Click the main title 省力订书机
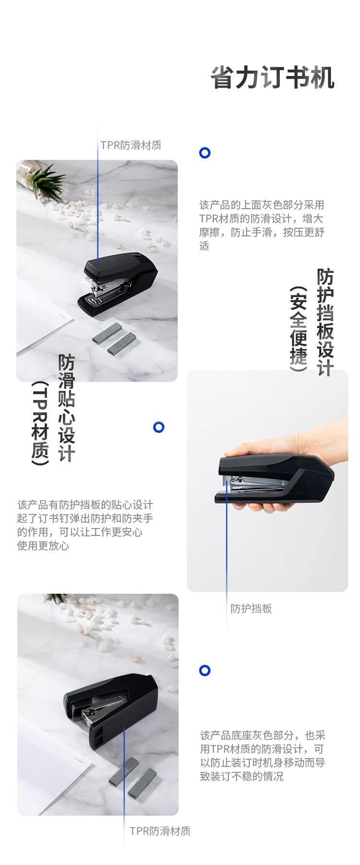273,78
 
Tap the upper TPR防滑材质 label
131,145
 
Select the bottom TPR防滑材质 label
160,831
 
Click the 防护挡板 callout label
251,609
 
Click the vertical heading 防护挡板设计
325,322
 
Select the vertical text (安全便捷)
298,329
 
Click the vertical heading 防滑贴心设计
67,408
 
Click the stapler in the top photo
118,284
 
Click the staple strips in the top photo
115,338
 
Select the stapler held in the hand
275,479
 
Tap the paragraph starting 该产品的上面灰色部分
262,225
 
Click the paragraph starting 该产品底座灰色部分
263,756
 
